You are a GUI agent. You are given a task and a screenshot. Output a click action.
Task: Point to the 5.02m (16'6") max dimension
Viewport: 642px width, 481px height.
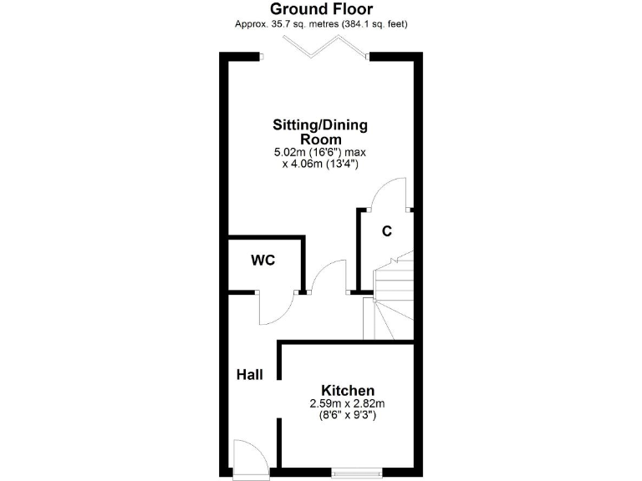pyautogui.click(x=320, y=152)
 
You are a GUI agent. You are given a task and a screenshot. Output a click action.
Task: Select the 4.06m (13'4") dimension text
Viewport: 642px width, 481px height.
pyautogui.click(x=320, y=165)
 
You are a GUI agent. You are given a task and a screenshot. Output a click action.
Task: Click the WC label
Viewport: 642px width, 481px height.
pyautogui.click(x=263, y=260)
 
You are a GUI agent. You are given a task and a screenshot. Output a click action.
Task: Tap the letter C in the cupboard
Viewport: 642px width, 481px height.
pyautogui.click(x=387, y=230)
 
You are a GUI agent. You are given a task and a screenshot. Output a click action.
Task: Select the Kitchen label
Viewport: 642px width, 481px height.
pyautogui.click(x=348, y=390)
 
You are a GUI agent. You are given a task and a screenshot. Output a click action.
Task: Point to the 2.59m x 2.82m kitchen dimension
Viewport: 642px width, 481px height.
pyautogui.click(x=348, y=404)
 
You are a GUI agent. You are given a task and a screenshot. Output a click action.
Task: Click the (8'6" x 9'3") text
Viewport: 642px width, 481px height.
pyautogui.click(x=348, y=416)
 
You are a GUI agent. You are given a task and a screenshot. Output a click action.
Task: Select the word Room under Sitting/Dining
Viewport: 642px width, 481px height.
pyautogui.click(x=321, y=139)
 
